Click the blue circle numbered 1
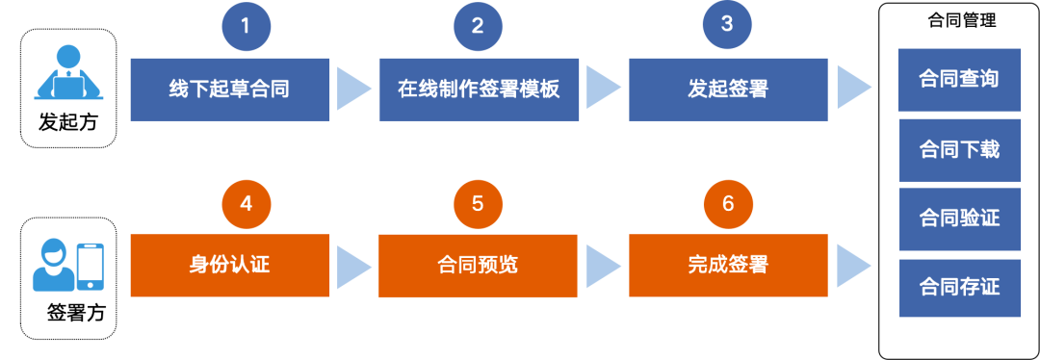tap(246, 27)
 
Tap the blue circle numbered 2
tap(478, 27)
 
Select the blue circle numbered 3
tap(728, 27)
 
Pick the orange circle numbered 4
tap(246, 203)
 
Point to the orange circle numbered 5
tap(478, 203)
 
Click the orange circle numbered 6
tap(728, 203)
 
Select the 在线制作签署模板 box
tap(479, 90)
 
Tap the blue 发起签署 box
tap(728, 90)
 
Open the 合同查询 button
tap(959, 79)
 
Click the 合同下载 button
tap(959, 149)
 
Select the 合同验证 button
tap(959, 218)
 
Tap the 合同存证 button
tap(959, 287)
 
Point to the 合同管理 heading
tap(959, 20)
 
